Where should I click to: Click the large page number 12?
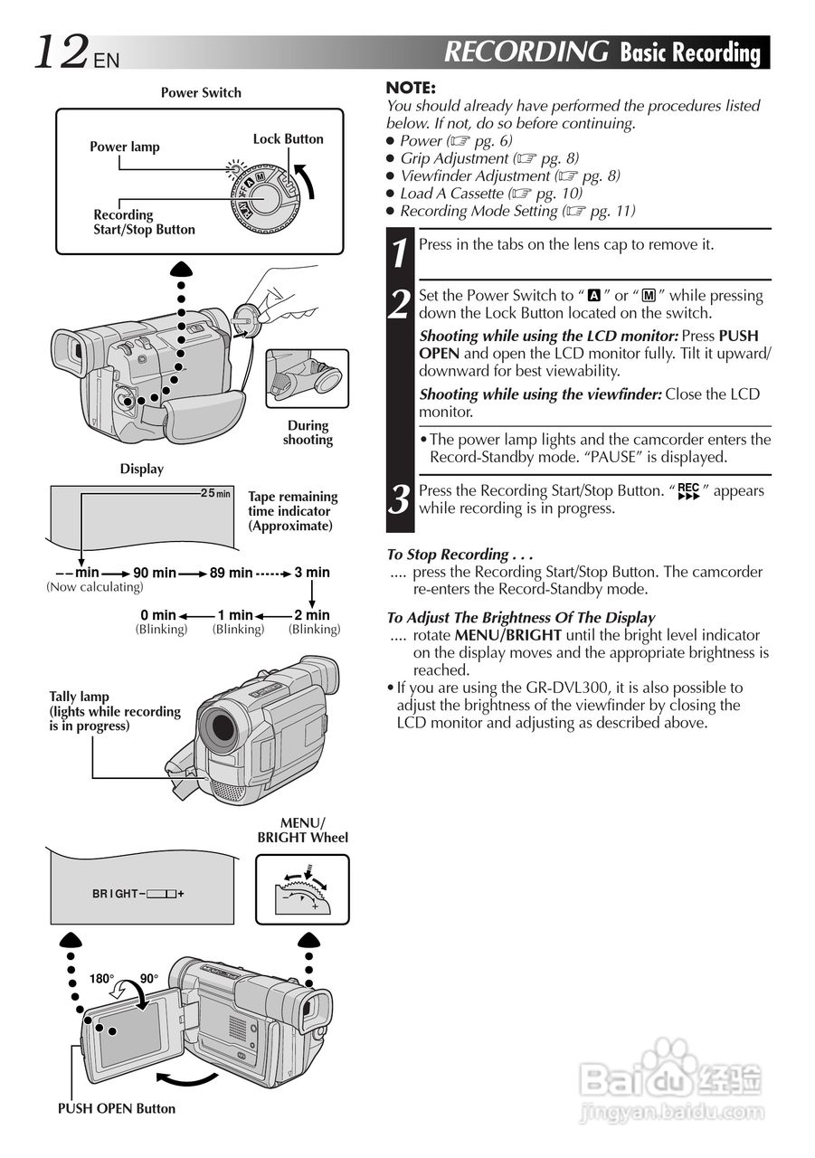62,52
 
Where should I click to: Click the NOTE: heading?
411,88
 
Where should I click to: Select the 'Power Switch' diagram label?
201,92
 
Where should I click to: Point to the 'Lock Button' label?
288,138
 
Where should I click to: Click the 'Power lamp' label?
124,147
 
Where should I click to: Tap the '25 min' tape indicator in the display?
215,493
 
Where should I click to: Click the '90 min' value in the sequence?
155,573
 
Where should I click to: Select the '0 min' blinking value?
157,615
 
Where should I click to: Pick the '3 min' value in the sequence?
312,573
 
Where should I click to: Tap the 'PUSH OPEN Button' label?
117,1108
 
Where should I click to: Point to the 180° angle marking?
101,979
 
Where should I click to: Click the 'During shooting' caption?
308,432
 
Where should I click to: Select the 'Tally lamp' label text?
80,697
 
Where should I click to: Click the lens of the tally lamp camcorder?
221,726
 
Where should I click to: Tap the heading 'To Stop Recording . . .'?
460,555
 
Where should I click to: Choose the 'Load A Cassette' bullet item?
451,194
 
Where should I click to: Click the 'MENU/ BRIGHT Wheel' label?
302,830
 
